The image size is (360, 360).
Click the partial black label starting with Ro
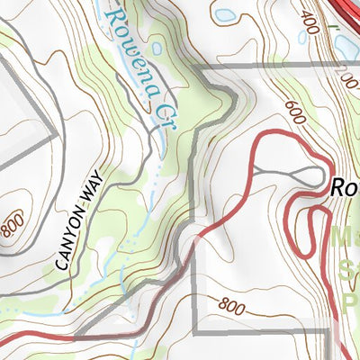pyautogui.click(x=344, y=188)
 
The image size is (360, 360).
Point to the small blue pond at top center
pyautogui.click(x=224, y=15)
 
